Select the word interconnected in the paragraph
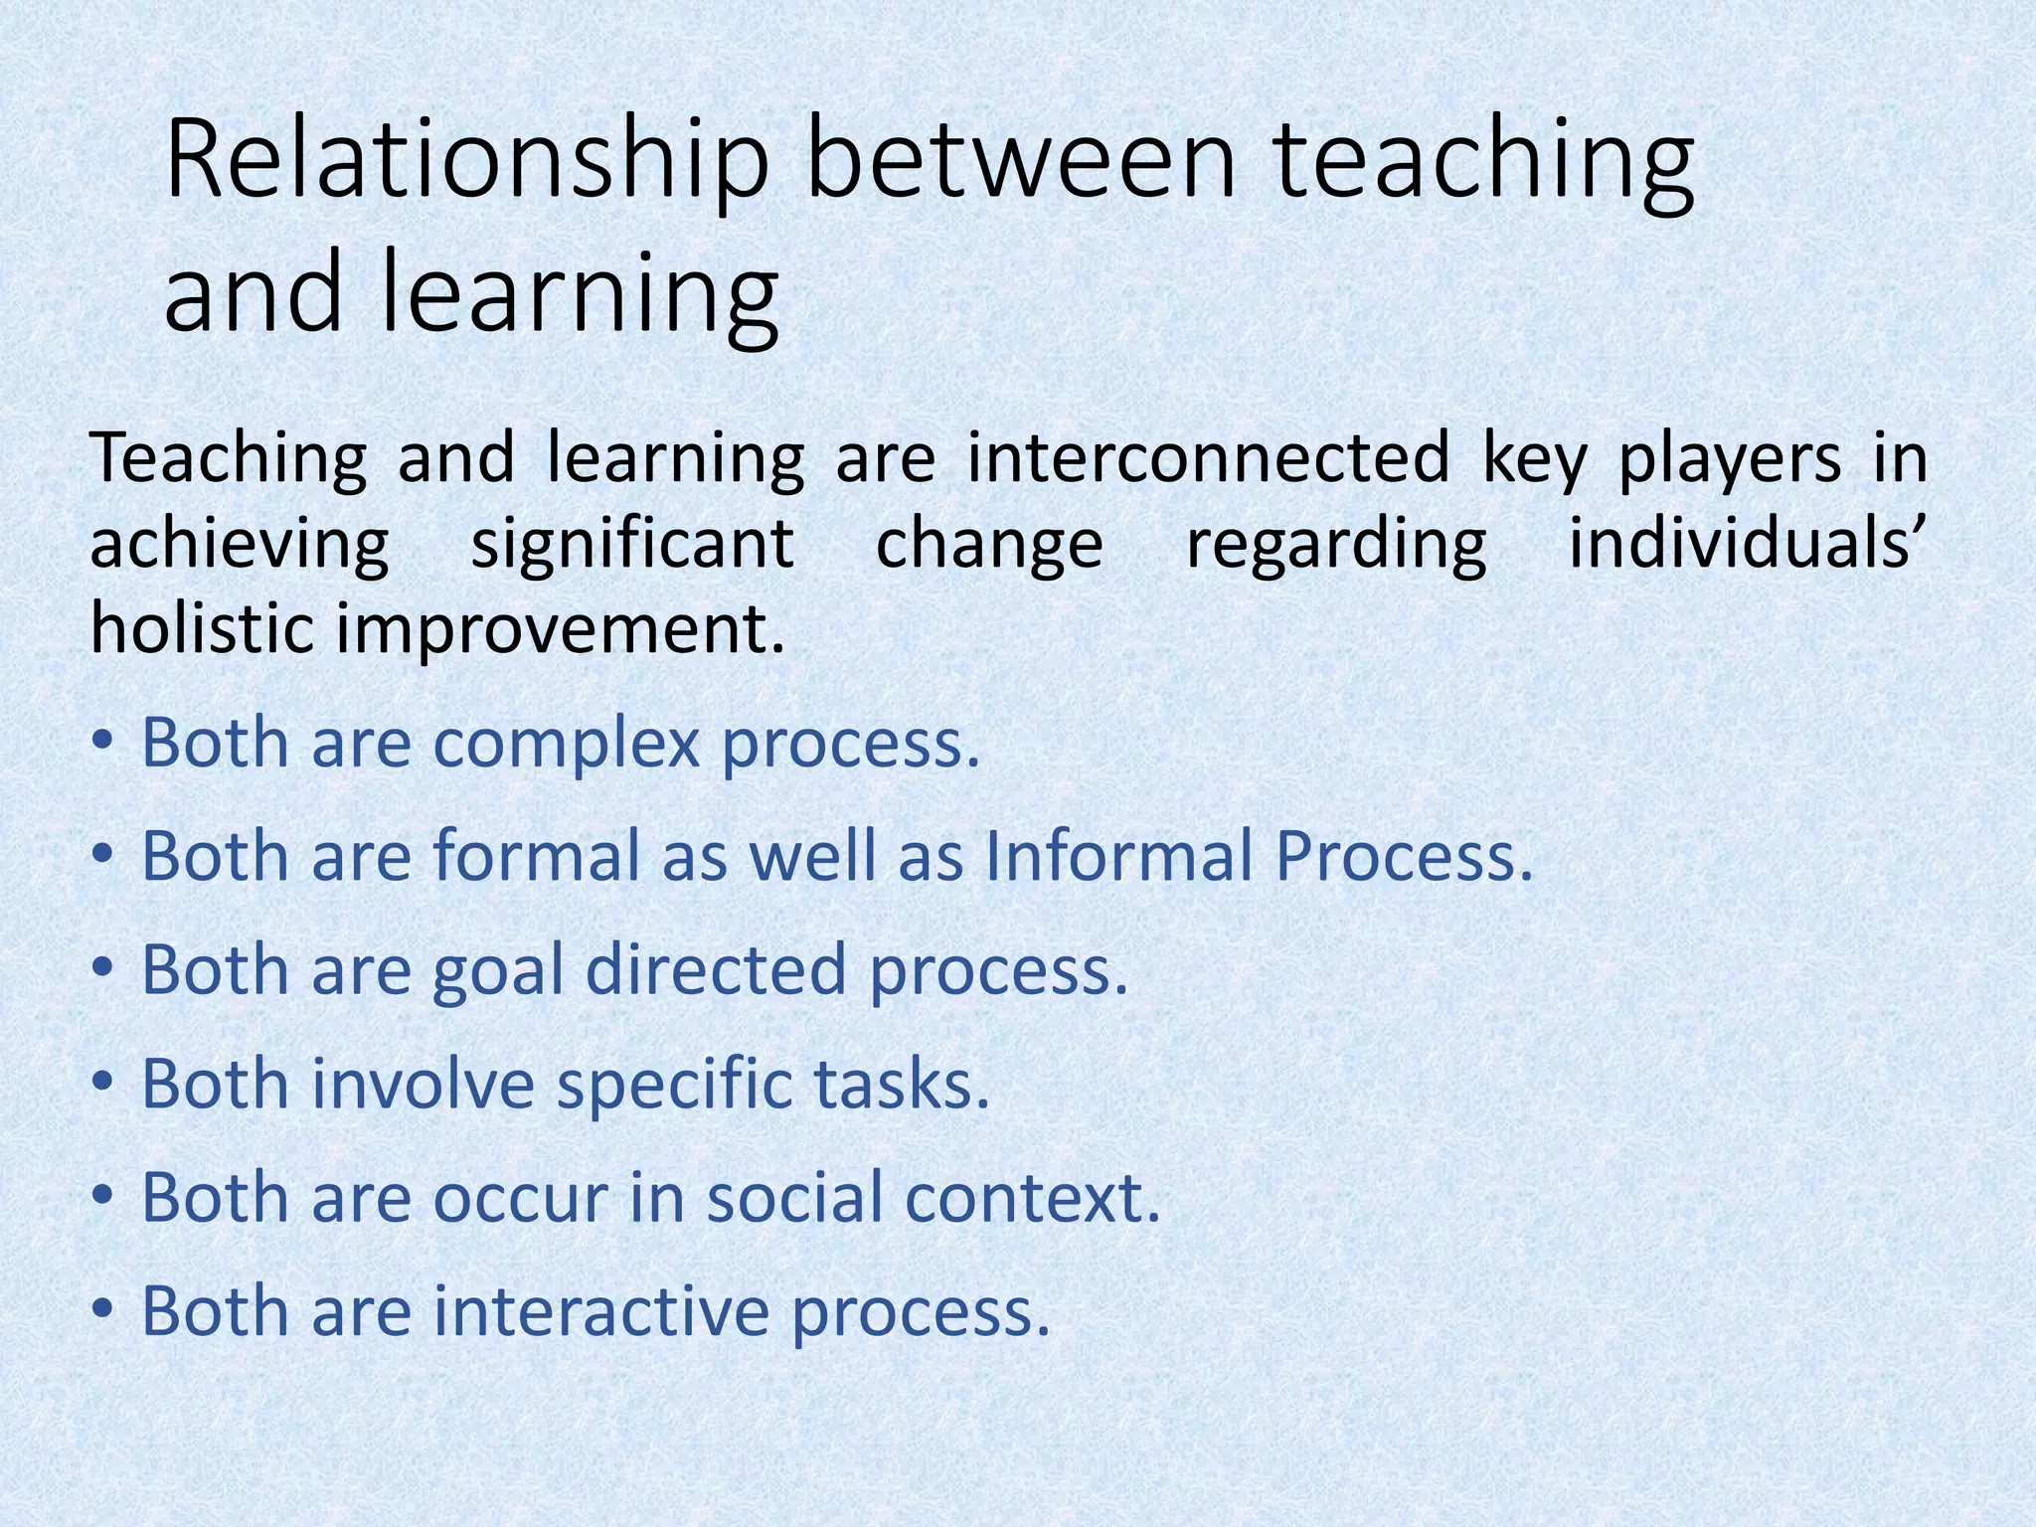(1208, 459)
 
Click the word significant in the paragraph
(632, 545)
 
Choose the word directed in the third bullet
(716, 970)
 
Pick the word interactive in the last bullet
(601, 1311)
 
